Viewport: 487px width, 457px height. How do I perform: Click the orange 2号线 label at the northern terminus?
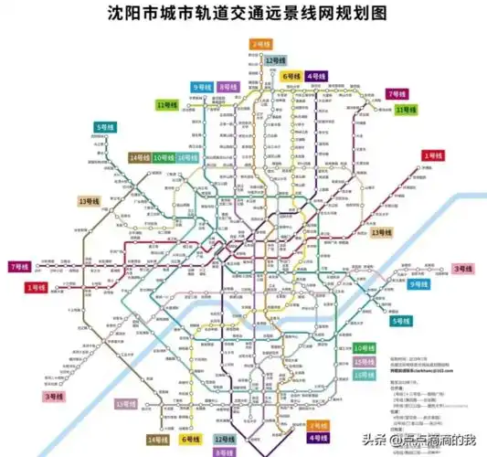coord(260,43)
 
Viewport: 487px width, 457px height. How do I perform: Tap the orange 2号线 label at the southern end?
coord(317,426)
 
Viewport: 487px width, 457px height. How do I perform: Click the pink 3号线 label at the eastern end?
coord(462,269)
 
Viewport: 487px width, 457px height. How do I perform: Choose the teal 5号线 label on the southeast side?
coord(401,322)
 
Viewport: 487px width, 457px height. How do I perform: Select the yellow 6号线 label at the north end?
coord(291,76)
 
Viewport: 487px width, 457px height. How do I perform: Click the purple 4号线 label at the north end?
coord(317,76)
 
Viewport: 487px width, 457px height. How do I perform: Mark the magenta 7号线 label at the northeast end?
coord(397,94)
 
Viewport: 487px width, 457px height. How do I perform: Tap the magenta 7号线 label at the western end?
coord(18,266)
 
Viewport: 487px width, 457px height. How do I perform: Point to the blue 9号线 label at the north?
coord(200,87)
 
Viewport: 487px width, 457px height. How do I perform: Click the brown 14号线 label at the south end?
coord(157,440)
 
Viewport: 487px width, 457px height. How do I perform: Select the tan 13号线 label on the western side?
coord(90,201)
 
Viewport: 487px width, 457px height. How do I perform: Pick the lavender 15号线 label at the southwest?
coord(125,403)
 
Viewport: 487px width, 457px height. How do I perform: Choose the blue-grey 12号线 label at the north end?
coord(271,59)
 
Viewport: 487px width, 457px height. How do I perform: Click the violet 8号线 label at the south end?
coord(224,452)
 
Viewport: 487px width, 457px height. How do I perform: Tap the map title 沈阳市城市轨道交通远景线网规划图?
coord(243,16)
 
